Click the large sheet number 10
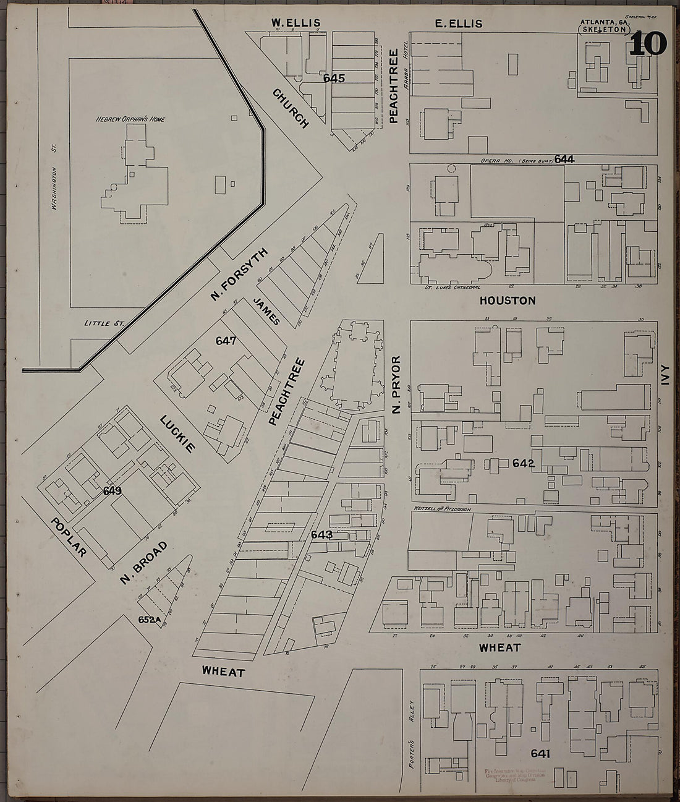648,44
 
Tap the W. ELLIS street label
295,23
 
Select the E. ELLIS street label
458,23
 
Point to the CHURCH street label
290,108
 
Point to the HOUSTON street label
507,301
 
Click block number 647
226,340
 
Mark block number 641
540,753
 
